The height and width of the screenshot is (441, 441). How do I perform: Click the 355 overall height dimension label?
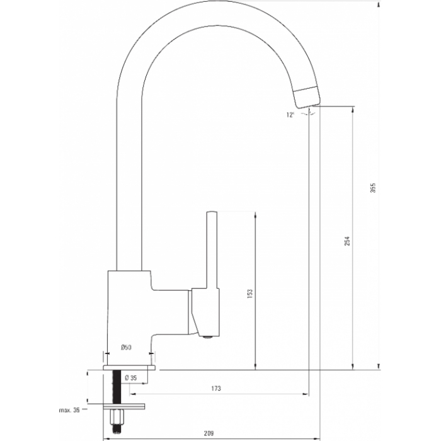point(373,188)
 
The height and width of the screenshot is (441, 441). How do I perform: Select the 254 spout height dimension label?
point(347,241)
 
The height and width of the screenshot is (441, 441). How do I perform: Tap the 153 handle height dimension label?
point(250,294)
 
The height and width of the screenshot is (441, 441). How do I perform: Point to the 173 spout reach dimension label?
point(216,389)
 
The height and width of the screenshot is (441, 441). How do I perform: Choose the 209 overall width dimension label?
point(209,433)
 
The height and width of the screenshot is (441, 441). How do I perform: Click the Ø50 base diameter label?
point(126,348)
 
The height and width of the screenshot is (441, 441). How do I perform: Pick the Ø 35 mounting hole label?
point(131,378)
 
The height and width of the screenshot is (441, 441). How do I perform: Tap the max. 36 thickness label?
point(69,410)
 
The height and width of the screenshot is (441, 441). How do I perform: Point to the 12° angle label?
point(290,115)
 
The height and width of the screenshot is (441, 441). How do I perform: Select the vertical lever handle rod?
point(212,249)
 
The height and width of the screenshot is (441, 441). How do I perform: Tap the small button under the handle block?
point(208,336)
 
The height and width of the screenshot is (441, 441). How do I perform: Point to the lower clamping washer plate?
point(124,406)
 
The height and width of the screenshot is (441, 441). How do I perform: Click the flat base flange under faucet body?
point(129,367)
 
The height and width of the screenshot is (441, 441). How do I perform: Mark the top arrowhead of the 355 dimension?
point(378,4)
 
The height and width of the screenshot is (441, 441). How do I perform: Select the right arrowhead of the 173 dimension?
point(306,394)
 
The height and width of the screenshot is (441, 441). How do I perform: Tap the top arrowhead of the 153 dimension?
point(255,214)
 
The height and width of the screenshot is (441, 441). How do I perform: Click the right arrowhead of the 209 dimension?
point(317,438)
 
